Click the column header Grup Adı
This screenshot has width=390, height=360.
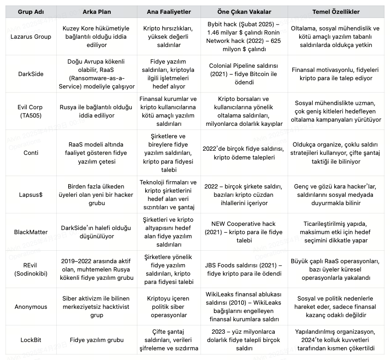(31, 12)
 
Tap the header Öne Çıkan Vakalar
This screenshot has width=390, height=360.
(244, 12)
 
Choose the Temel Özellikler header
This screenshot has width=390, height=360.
(336, 12)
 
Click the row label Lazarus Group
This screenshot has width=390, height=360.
(31, 36)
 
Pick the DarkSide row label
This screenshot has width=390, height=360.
(31, 74)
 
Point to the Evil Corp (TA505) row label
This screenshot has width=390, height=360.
(31, 111)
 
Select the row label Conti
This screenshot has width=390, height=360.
(31, 153)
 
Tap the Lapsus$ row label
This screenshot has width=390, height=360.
(31, 195)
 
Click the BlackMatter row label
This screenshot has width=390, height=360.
(31, 232)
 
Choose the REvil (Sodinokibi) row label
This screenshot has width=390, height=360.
(31, 269)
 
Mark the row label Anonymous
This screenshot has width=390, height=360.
(31, 307)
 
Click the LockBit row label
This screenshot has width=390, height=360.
(31, 340)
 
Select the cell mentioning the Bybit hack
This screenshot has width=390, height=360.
(244, 36)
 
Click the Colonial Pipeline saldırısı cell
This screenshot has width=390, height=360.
(244, 74)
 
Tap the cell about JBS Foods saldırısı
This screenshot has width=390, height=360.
(244, 269)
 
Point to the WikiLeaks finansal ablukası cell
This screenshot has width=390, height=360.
(244, 307)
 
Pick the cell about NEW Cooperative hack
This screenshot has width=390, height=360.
(244, 232)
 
